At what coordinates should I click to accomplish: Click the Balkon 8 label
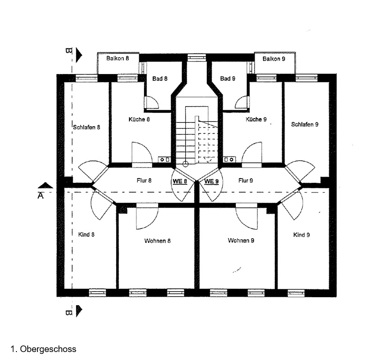pyautogui.click(x=117, y=59)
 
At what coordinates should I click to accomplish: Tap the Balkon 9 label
pyautogui.click(x=273, y=59)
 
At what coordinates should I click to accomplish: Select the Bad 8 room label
pyautogui.click(x=159, y=79)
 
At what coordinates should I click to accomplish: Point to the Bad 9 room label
pyautogui.click(x=227, y=79)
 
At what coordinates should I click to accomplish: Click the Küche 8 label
pyautogui.click(x=139, y=120)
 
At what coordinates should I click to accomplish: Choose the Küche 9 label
pyautogui.click(x=256, y=120)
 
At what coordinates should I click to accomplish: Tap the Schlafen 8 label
pyautogui.click(x=87, y=127)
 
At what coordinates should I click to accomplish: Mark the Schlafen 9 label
pyautogui.click(x=305, y=125)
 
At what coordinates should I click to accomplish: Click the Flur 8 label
pyautogui.click(x=143, y=180)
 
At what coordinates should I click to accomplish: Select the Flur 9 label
pyautogui.click(x=246, y=180)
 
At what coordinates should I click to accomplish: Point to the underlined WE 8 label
pyautogui.click(x=180, y=181)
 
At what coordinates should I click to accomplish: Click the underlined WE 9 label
pyautogui.click(x=211, y=181)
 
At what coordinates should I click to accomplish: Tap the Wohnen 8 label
pyautogui.click(x=158, y=241)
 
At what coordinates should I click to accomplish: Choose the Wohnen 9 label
pyautogui.click(x=241, y=241)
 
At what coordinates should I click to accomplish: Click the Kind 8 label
pyautogui.click(x=87, y=234)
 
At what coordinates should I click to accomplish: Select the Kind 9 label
pyautogui.click(x=301, y=235)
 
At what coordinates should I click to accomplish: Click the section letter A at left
pyautogui.click(x=40, y=196)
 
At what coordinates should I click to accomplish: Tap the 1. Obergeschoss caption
pyautogui.click(x=43, y=349)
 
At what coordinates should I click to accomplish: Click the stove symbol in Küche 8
pyautogui.click(x=165, y=160)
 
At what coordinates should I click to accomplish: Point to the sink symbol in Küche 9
pyautogui.click(x=229, y=160)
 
